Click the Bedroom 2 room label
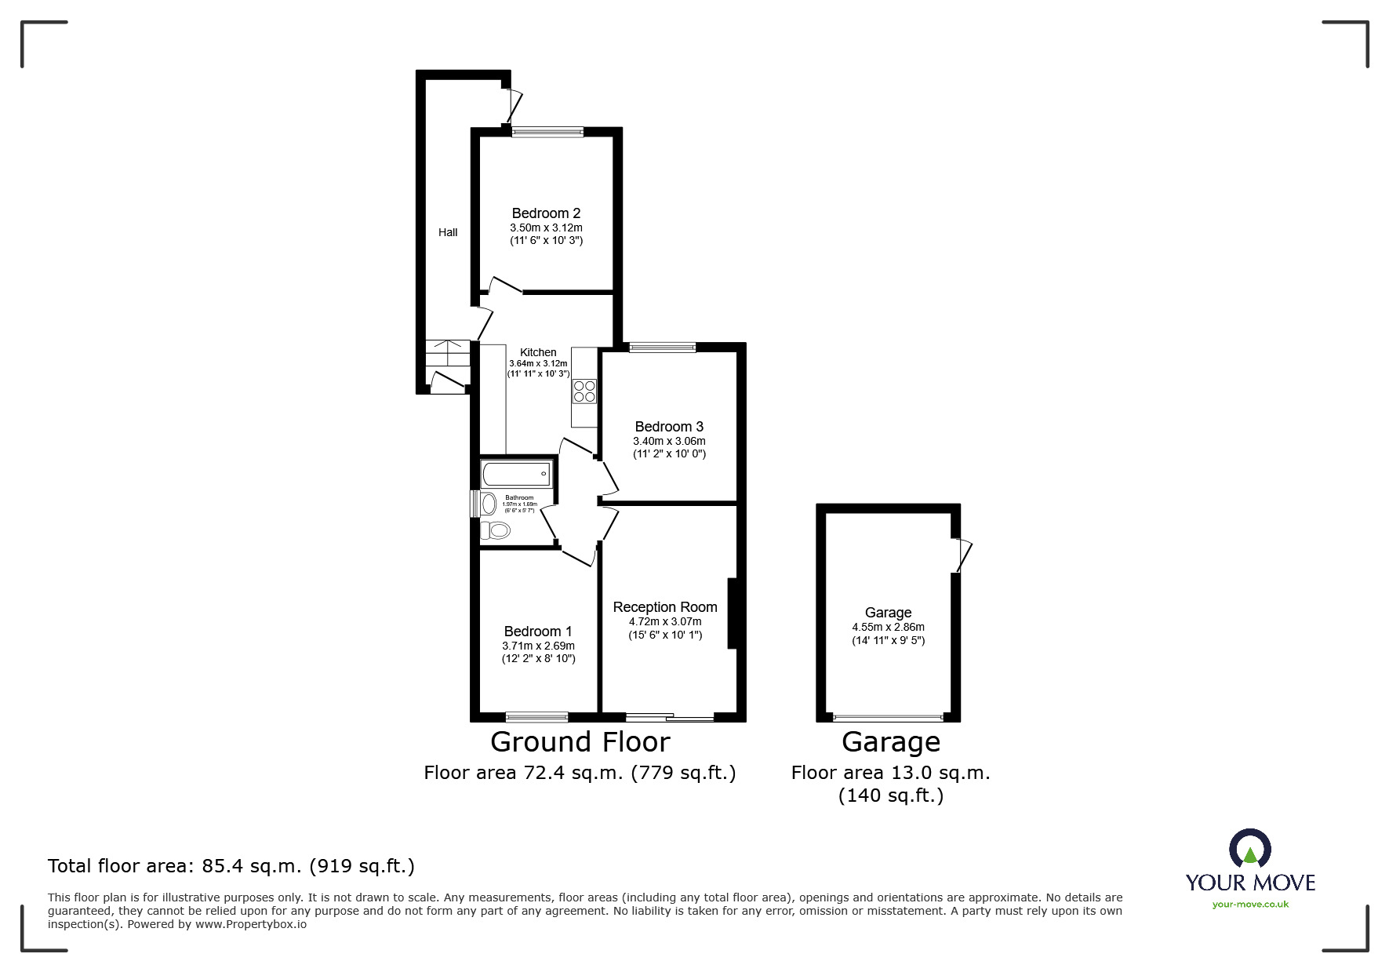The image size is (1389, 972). [546, 213]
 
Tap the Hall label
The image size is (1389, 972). [448, 232]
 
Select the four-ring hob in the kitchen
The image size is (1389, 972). [584, 391]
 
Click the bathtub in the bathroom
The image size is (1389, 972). [516, 474]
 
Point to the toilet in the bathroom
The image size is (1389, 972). [495, 531]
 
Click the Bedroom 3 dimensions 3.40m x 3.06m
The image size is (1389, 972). [669, 441]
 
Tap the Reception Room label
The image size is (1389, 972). [664, 607]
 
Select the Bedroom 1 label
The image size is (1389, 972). [538, 632]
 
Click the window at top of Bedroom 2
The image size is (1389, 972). [547, 133]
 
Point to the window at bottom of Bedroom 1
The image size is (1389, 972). [536, 716]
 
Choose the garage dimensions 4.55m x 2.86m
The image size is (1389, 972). [888, 627]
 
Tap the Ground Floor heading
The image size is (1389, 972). [580, 742]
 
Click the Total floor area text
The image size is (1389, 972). [231, 866]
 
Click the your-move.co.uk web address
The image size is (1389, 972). [1250, 905]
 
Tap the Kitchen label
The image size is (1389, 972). [538, 352]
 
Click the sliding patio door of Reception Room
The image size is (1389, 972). [669, 716]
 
